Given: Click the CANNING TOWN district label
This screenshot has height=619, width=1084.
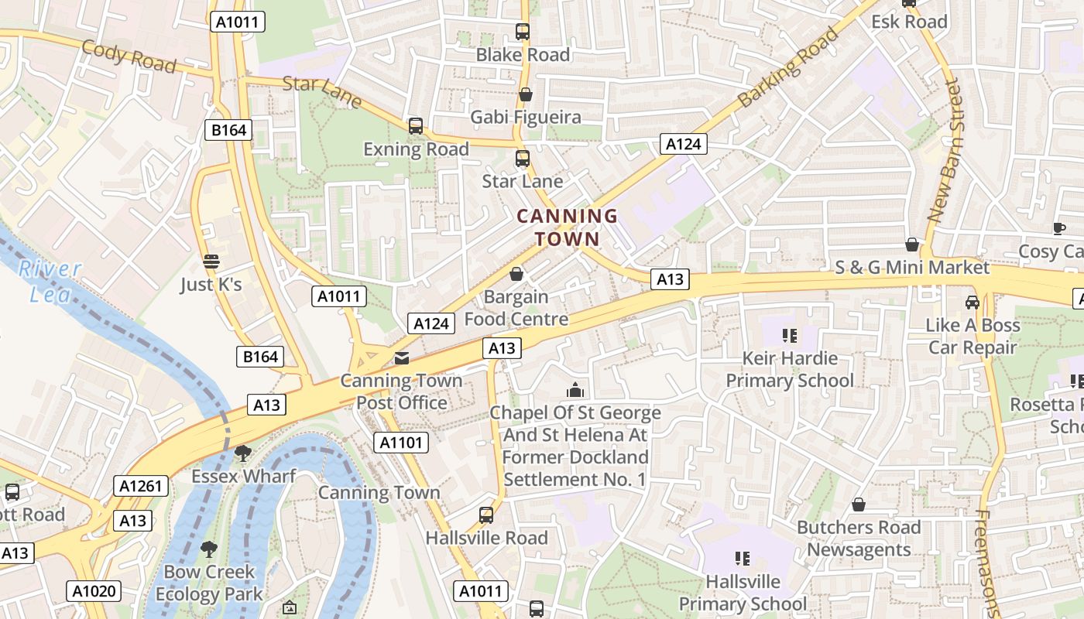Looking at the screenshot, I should coord(567,227).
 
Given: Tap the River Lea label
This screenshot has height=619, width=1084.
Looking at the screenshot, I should coord(51,281).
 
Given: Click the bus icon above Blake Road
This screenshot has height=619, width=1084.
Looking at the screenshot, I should coord(523,32).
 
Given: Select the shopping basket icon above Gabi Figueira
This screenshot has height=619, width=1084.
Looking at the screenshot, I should coord(526,94).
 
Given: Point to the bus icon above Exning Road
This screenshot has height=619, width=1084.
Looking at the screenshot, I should coord(416,125).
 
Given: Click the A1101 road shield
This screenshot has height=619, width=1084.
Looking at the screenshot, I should coord(401,443).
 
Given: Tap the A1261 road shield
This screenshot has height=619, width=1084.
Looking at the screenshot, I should coord(141,486).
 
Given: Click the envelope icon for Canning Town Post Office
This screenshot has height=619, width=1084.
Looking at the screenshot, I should coord(402,357).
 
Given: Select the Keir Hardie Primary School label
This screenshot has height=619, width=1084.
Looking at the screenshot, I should coord(790,369).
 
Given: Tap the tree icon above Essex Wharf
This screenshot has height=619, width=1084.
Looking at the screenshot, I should coord(243,453).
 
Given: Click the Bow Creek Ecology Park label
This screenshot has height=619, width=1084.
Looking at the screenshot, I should coord(209,583).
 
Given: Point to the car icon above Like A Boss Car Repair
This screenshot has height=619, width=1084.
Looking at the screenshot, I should coord(973,302).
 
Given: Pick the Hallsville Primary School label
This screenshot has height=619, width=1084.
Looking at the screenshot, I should coord(743,592).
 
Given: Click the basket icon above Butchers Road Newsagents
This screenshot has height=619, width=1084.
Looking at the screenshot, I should coord(859,505).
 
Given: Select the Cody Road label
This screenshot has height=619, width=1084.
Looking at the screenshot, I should coord(129,55).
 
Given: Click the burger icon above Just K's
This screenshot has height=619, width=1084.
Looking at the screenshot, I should coord(211,261).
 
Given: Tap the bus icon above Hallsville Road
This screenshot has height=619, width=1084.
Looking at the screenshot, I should coord(486,515).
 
